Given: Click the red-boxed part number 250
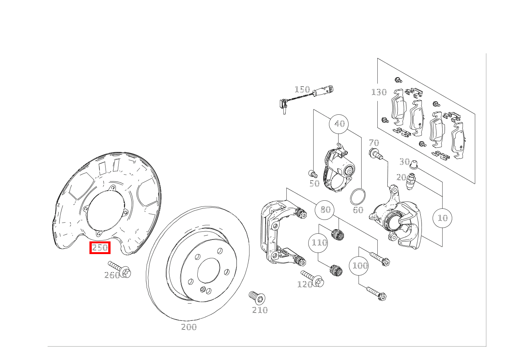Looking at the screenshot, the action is (100, 248).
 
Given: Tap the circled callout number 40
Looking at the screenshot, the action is (339, 124).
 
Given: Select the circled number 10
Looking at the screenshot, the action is (442, 218).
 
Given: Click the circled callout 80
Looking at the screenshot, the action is (324, 210).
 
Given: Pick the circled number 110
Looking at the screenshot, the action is (318, 243).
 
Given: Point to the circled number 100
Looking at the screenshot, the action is (359, 266).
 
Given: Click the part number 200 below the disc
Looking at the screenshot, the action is (189, 327).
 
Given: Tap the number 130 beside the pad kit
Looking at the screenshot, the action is (379, 92).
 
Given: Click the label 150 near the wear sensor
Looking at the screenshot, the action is (302, 89).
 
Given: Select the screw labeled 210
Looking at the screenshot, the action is (257, 298).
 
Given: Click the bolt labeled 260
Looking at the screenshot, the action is (120, 269).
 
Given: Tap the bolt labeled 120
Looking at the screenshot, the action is (313, 279).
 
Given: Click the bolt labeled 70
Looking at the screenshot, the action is (376, 153).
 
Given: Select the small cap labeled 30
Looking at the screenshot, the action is (414, 165).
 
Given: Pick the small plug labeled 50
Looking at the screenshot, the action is (313, 174).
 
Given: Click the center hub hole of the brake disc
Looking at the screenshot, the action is (208, 271).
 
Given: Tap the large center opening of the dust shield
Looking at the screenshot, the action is (106, 210).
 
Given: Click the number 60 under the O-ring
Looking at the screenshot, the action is (358, 210).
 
